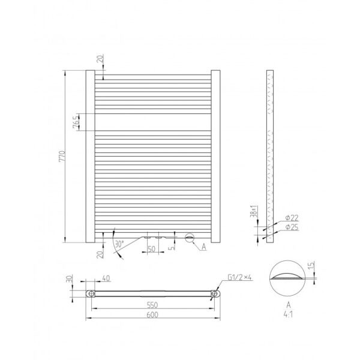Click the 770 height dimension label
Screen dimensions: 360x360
[62, 156]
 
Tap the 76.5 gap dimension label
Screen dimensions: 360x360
[76, 122]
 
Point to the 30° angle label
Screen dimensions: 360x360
[119, 244]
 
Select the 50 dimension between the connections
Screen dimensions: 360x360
[152, 248]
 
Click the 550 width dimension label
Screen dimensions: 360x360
[152, 305]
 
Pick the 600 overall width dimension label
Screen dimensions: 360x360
[152, 314]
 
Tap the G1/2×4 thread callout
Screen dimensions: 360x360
[239, 277]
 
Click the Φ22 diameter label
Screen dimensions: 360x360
[292, 218]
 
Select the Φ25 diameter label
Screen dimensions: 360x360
[292, 227]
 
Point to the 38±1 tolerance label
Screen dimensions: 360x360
[254, 211]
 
